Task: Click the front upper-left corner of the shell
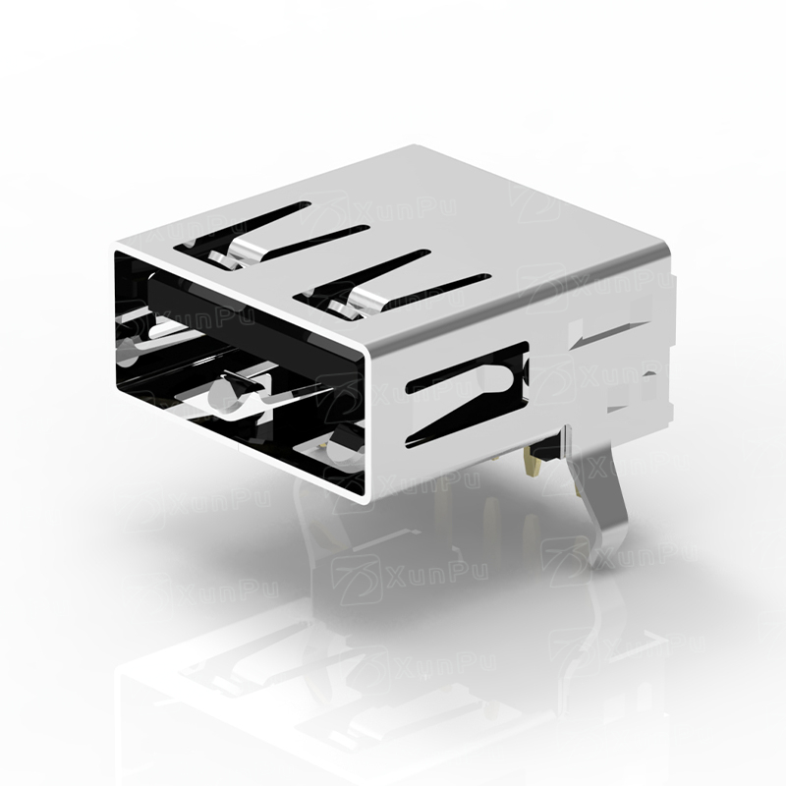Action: pyautogui.click(x=116, y=246)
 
